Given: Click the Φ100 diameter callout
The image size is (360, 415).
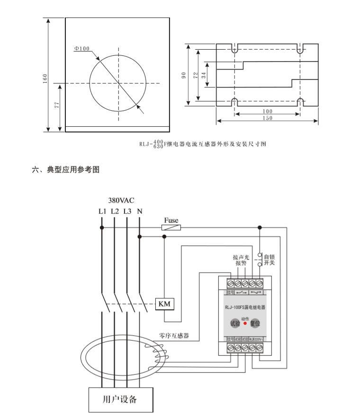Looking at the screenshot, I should [x=82, y=48].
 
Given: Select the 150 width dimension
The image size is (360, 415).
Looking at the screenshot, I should [x=267, y=118].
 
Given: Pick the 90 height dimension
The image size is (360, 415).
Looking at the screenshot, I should [x=184, y=75].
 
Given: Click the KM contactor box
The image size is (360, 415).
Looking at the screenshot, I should [x=165, y=303].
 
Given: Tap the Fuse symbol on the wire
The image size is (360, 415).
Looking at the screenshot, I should [x=171, y=228].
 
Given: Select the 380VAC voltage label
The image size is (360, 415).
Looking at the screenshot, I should [x=121, y=201].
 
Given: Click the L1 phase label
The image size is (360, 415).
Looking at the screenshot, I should [x=102, y=212].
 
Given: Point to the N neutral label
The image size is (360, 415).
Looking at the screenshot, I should [x=140, y=212].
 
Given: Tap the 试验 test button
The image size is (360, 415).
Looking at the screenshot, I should [x=235, y=324].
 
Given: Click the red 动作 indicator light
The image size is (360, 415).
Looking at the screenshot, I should [x=245, y=324].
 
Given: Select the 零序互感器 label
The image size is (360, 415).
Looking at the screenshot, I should [x=174, y=336].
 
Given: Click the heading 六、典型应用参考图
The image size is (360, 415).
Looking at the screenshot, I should [x=66, y=170].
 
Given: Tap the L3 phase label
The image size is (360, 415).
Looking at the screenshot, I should [x=127, y=212].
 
